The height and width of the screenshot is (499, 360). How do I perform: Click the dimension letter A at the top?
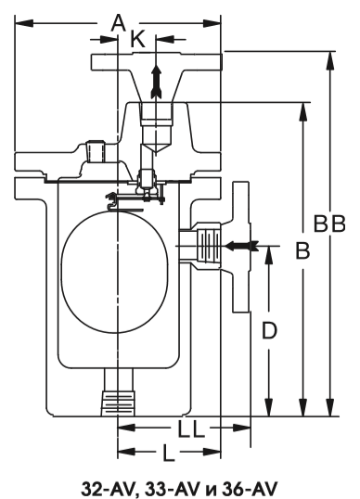pyautogui.click(x=118, y=23)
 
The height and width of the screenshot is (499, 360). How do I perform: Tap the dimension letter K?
pyautogui.click(x=138, y=40)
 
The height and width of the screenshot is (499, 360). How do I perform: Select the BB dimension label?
pyautogui.click(x=329, y=224)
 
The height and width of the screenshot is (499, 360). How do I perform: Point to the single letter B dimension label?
pyautogui.click(x=302, y=250)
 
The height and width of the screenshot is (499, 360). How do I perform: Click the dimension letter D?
pyautogui.click(x=269, y=330)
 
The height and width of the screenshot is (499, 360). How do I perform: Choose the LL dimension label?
pyautogui.click(x=190, y=429)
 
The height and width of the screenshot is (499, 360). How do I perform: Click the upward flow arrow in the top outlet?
pyautogui.click(x=156, y=82)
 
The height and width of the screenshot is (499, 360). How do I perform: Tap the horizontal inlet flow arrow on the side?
pyautogui.click(x=241, y=246)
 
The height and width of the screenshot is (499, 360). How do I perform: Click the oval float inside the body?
pyautogui.click(x=114, y=272)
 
